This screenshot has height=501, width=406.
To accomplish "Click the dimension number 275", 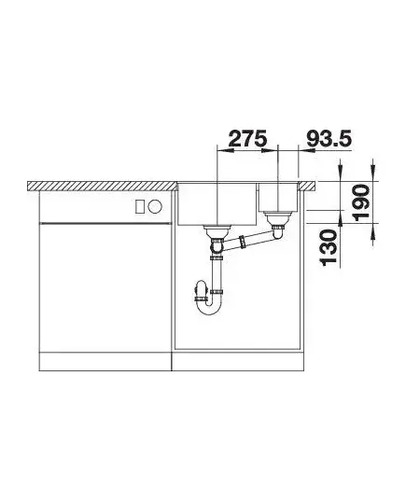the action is click(247, 139).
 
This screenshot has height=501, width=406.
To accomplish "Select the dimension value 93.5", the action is click(329, 139).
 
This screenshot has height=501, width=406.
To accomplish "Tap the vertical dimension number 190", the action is click(362, 202).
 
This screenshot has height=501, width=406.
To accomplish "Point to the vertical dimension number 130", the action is click(329, 247).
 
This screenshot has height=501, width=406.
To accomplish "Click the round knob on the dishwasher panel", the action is click(155, 206).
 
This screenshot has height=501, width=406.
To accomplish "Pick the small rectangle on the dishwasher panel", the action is click(140, 206).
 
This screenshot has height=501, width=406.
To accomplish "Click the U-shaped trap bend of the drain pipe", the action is click(209, 305).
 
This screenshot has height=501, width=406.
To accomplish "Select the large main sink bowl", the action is click(217, 203).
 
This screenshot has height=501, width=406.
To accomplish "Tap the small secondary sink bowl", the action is click(278, 197).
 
